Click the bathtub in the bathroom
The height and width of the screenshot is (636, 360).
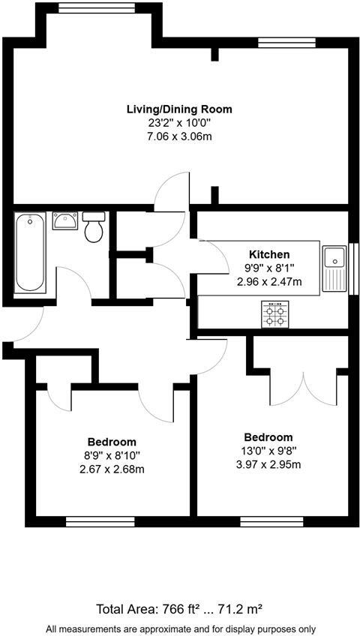tap(30, 252)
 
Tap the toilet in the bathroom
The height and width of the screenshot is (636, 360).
tap(94, 226)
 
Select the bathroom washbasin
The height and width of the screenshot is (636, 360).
tap(64, 220)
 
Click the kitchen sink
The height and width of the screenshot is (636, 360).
tap(334, 268)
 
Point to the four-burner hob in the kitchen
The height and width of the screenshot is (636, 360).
tap(275, 313)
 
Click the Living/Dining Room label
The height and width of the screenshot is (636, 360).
tap(179, 109)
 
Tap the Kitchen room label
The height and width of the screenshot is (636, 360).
tap(269, 255)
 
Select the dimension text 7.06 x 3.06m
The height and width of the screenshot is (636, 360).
tap(179, 136)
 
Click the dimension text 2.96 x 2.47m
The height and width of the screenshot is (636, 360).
tap(269, 282)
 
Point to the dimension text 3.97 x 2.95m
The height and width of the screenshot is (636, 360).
tap(268, 464)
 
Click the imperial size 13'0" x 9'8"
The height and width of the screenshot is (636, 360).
tap(268, 451)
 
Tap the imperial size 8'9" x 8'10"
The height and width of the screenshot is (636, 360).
tap(112, 455)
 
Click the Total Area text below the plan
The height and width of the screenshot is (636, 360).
tap(180, 608)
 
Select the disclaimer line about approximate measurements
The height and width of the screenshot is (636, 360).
tap(180, 628)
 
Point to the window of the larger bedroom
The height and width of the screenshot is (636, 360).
tap(271, 520)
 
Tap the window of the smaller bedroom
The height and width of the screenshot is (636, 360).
tap(100, 520)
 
